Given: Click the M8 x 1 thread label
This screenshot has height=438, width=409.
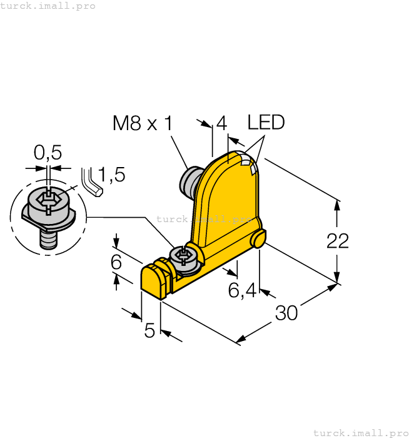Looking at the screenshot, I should coord(142,123).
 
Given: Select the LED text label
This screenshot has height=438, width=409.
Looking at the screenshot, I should coord(266,122).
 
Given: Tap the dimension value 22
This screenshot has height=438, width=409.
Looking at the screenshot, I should coord(338,241).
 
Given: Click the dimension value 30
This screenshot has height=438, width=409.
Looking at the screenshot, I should coord(286,313).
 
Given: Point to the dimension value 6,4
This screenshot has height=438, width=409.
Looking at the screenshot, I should coord(242,291).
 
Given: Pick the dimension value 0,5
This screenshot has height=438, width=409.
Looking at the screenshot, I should coord(48,153).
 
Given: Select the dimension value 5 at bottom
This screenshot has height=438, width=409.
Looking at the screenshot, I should coord(149,330).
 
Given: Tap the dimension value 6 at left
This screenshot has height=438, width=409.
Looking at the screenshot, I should coord(116,262).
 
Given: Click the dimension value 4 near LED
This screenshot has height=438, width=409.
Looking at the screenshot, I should coord(221,123).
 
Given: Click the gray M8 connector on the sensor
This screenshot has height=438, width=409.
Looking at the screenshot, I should coord(189,180).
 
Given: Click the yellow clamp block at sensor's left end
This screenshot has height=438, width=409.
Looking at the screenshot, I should coord(154,280).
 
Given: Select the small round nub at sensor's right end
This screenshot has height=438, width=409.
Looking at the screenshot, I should coord(259,238).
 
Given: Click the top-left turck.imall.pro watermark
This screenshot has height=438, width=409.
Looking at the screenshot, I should coord(48,6).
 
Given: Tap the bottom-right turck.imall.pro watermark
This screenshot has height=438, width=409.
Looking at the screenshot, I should coord(360,432).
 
